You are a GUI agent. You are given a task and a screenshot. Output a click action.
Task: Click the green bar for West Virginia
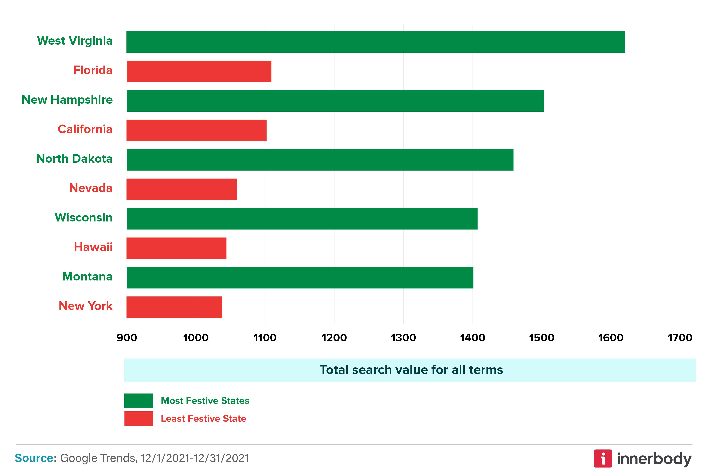click(x=375, y=42)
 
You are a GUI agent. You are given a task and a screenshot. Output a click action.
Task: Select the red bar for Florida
click(x=199, y=71)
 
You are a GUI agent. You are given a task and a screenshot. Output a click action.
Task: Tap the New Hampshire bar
click(x=335, y=101)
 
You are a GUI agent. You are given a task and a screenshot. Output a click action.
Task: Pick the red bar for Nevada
click(x=182, y=189)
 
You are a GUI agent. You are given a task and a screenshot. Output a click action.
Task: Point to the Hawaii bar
click(x=176, y=248)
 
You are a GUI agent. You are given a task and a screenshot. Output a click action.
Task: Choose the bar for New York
click(x=174, y=307)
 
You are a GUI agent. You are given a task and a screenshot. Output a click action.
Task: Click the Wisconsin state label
click(x=84, y=217)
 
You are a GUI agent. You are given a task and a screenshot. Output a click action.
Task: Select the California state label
click(x=85, y=129)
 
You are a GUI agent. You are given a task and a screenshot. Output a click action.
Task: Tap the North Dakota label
click(x=74, y=158)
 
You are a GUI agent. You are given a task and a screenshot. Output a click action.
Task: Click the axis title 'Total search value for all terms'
click(x=411, y=370)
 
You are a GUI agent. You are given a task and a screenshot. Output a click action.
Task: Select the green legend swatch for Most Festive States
click(x=139, y=401)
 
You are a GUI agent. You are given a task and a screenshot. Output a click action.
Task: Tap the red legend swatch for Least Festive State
click(x=139, y=418)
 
